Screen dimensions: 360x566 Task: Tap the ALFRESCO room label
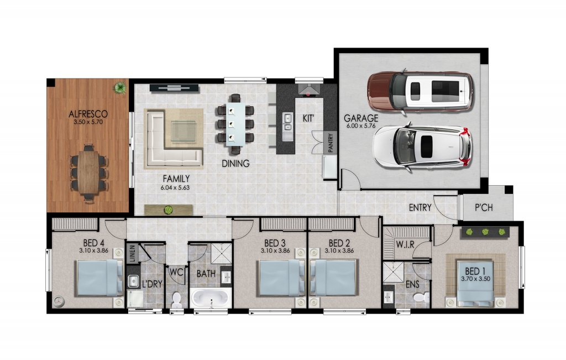point(88,114)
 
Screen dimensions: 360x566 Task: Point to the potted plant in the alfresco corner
point(119,87)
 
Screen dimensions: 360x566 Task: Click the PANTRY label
point(331,142)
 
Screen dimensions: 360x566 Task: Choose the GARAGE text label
point(361,118)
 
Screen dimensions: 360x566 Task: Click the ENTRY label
point(420,208)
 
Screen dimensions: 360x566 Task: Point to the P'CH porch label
point(486,208)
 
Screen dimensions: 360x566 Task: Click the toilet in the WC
point(177,300)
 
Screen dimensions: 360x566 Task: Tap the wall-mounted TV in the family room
point(174,86)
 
